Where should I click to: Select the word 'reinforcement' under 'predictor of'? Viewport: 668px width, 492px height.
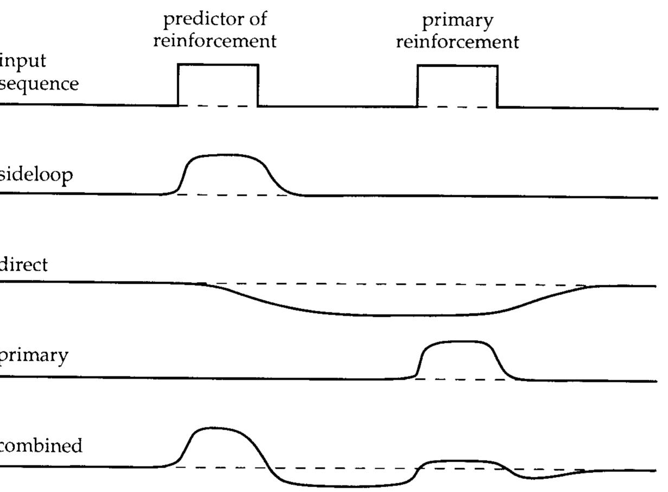click(215, 41)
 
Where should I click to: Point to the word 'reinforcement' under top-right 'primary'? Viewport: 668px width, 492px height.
click(458, 42)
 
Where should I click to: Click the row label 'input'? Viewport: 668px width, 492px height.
click(23, 62)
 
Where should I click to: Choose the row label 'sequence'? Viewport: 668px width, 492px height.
click(39, 85)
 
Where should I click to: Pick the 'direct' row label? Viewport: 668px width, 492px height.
click(23, 264)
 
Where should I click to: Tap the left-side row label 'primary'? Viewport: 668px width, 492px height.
click(34, 356)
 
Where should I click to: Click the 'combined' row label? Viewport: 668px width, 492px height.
click(41, 446)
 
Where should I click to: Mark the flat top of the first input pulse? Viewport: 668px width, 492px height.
click(218, 65)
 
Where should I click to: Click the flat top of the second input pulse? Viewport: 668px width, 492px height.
click(458, 66)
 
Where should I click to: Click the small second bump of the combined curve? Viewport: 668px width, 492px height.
click(459, 462)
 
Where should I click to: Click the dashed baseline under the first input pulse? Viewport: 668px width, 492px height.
click(218, 106)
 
